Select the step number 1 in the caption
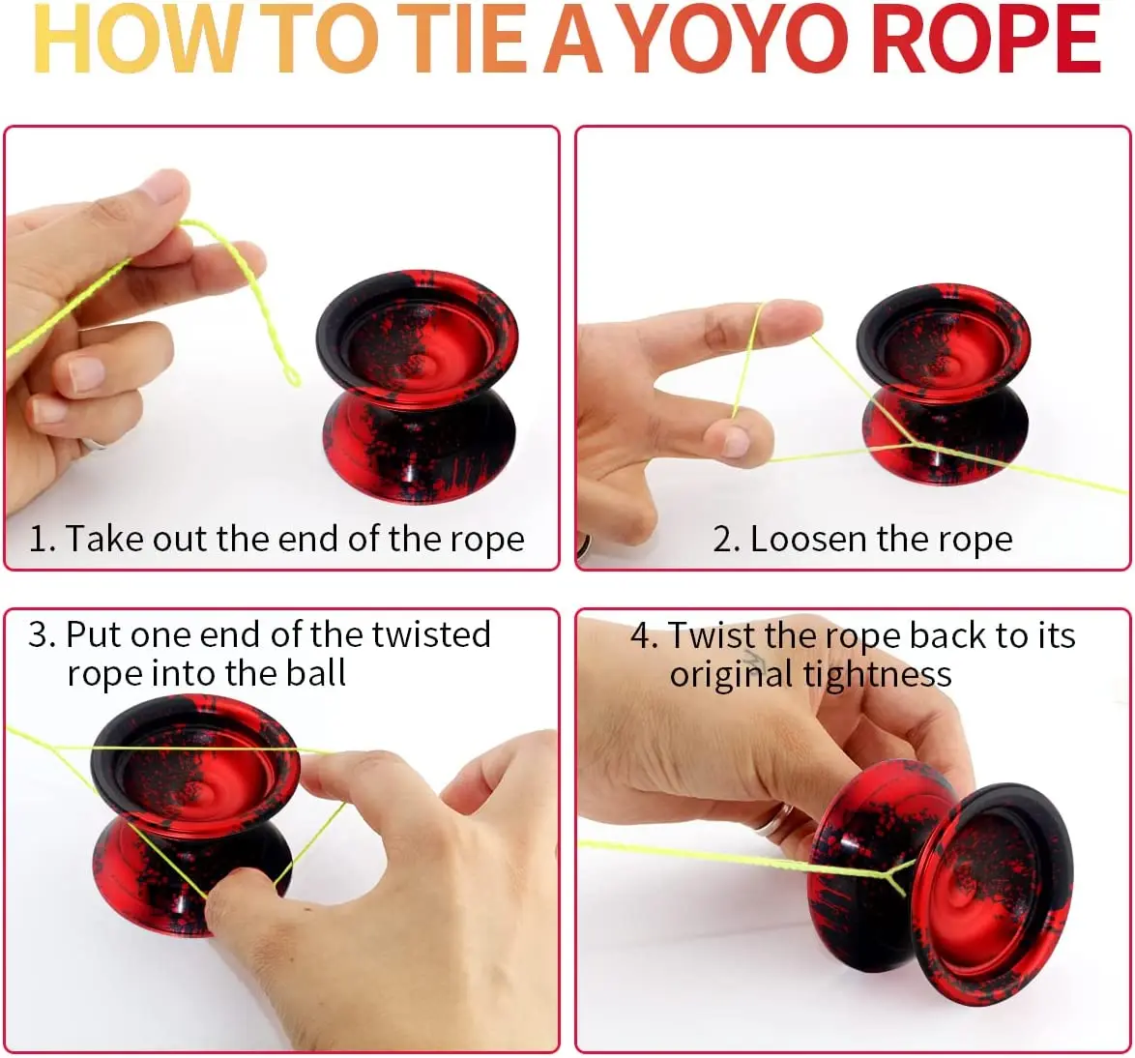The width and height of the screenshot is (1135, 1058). pyautogui.click(x=39, y=539)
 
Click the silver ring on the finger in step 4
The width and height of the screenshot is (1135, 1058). pyautogui.click(x=773, y=821)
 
